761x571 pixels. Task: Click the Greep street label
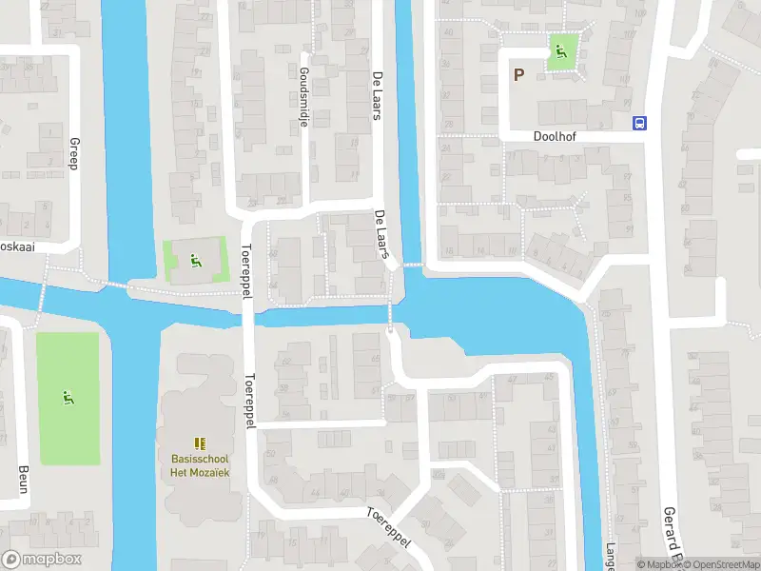coord(72,153)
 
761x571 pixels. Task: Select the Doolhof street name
coord(554,136)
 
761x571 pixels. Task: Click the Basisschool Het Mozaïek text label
coord(200,465)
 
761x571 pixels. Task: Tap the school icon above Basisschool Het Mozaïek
coord(200,443)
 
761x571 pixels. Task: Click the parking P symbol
coord(519,74)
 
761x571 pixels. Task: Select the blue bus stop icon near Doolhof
coord(640,122)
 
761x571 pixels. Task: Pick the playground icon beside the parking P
coord(561,52)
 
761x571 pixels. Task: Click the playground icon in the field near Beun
coord(68,397)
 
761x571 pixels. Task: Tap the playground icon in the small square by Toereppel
coord(195,258)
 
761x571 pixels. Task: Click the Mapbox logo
coord(42,560)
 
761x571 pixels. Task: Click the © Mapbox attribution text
coord(658,564)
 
